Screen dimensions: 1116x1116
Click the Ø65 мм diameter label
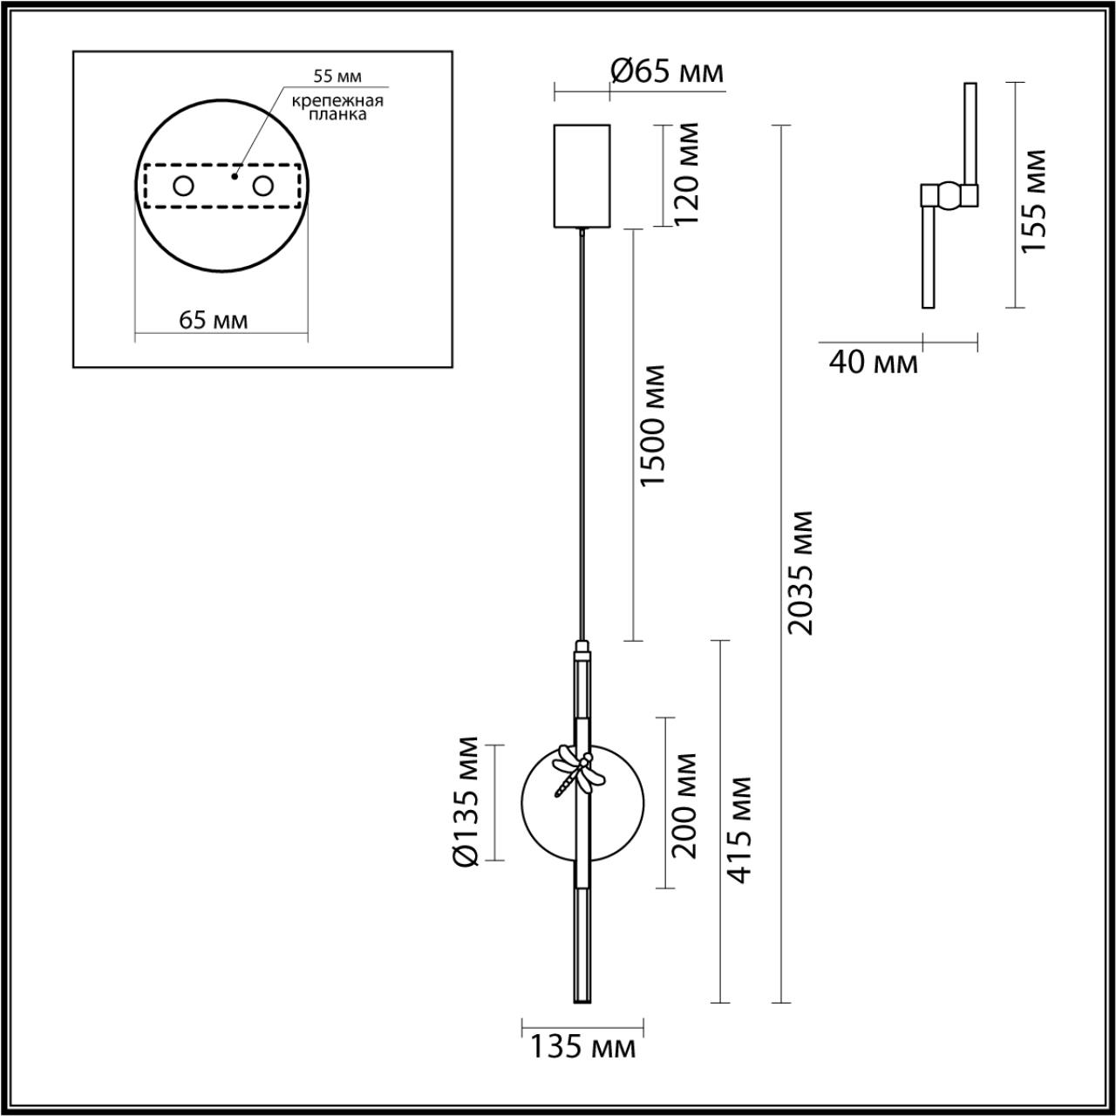point(667,71)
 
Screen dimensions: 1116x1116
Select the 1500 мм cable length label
point(653,427)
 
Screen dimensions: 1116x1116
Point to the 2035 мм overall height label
point(799,573)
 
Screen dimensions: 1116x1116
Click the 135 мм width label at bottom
point(582,1047)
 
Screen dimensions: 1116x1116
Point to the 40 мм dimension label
point(873,362)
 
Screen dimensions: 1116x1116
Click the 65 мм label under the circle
point(214,320)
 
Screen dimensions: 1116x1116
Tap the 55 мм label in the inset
point(337,78)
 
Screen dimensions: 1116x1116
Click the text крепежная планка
point(337,107)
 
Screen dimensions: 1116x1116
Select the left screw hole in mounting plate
point(183,186)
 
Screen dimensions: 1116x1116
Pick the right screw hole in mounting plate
point(262,186)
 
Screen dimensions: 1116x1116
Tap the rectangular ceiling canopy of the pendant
point(582,175)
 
